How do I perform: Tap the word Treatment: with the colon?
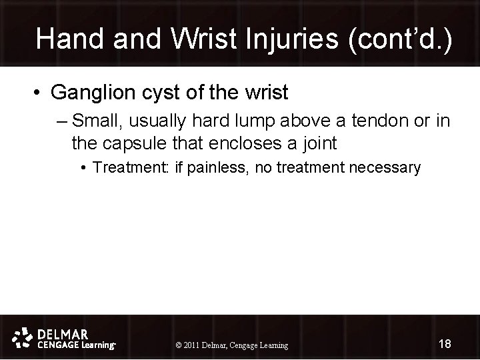132,167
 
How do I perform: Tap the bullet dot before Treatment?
85,167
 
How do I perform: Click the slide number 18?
445,343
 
